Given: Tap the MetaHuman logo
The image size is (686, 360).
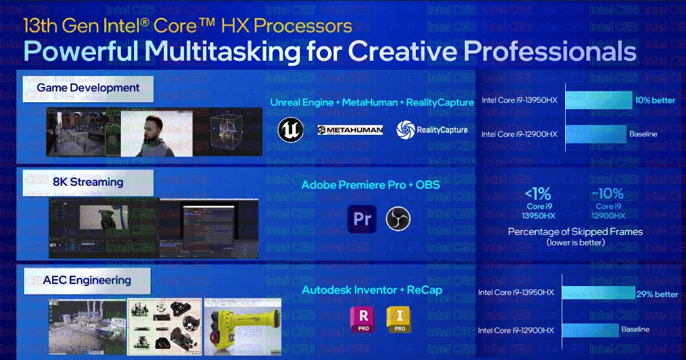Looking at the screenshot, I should tap(350, 129).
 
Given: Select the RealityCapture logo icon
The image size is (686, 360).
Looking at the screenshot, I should tap(405, 129).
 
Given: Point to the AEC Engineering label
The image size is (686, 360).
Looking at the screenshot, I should tap(87, 280).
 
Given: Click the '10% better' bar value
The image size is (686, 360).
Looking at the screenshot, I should tap(654, 100).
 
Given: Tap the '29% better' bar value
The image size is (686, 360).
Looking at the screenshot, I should tap(656, 294).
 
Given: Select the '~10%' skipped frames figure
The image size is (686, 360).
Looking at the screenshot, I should tap(609, 194).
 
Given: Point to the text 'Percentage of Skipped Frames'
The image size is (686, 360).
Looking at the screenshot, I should tap(575, 231).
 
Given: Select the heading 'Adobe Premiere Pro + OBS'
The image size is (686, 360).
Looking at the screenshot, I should tap(370, 185).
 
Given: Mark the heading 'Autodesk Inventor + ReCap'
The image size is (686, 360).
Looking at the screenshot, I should tap(371, 290).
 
